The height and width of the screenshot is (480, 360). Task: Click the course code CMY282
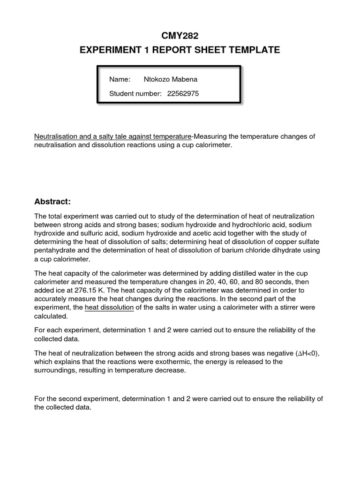click(x=180, y=35)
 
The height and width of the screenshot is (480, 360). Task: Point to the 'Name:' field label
click(x=120, y=79)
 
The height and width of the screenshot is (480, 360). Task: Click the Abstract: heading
click(x=52, y=202)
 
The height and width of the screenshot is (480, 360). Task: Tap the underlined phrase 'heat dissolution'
click(x=109, y=307)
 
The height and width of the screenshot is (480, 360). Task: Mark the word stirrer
click(x=278, y=307)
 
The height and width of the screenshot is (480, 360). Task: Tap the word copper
click(x=274, y=242)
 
